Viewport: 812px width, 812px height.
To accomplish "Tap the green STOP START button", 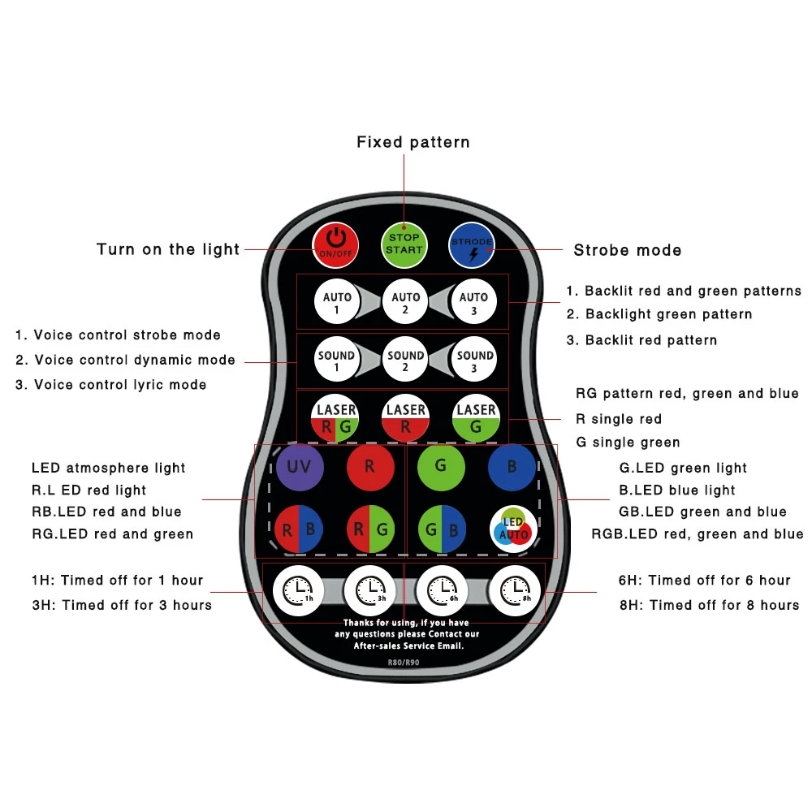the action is click(404, 244).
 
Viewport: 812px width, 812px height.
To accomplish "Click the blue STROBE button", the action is click(473, 244).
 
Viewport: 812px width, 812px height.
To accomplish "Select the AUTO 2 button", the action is click(405, 303).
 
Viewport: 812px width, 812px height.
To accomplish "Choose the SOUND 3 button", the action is click(475, 361).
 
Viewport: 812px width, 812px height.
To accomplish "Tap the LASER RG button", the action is click(336, 418).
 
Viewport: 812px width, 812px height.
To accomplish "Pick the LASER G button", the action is click(475, 418).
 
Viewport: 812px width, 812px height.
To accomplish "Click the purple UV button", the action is click(300, 468).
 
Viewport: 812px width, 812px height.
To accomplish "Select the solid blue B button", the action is click(512, 468).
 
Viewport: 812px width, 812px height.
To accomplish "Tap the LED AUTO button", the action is click(512, 529).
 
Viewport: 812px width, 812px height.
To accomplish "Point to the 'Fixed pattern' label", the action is click(413, 143).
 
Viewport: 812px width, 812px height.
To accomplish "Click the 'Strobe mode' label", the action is click(628, 250).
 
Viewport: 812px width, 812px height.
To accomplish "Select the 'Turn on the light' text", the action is click(168, 250).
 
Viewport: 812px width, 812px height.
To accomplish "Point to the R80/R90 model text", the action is click(404, 663).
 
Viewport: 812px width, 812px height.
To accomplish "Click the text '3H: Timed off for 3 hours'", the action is click(122, 605).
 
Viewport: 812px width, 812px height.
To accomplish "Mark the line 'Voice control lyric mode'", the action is click(111, 385).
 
